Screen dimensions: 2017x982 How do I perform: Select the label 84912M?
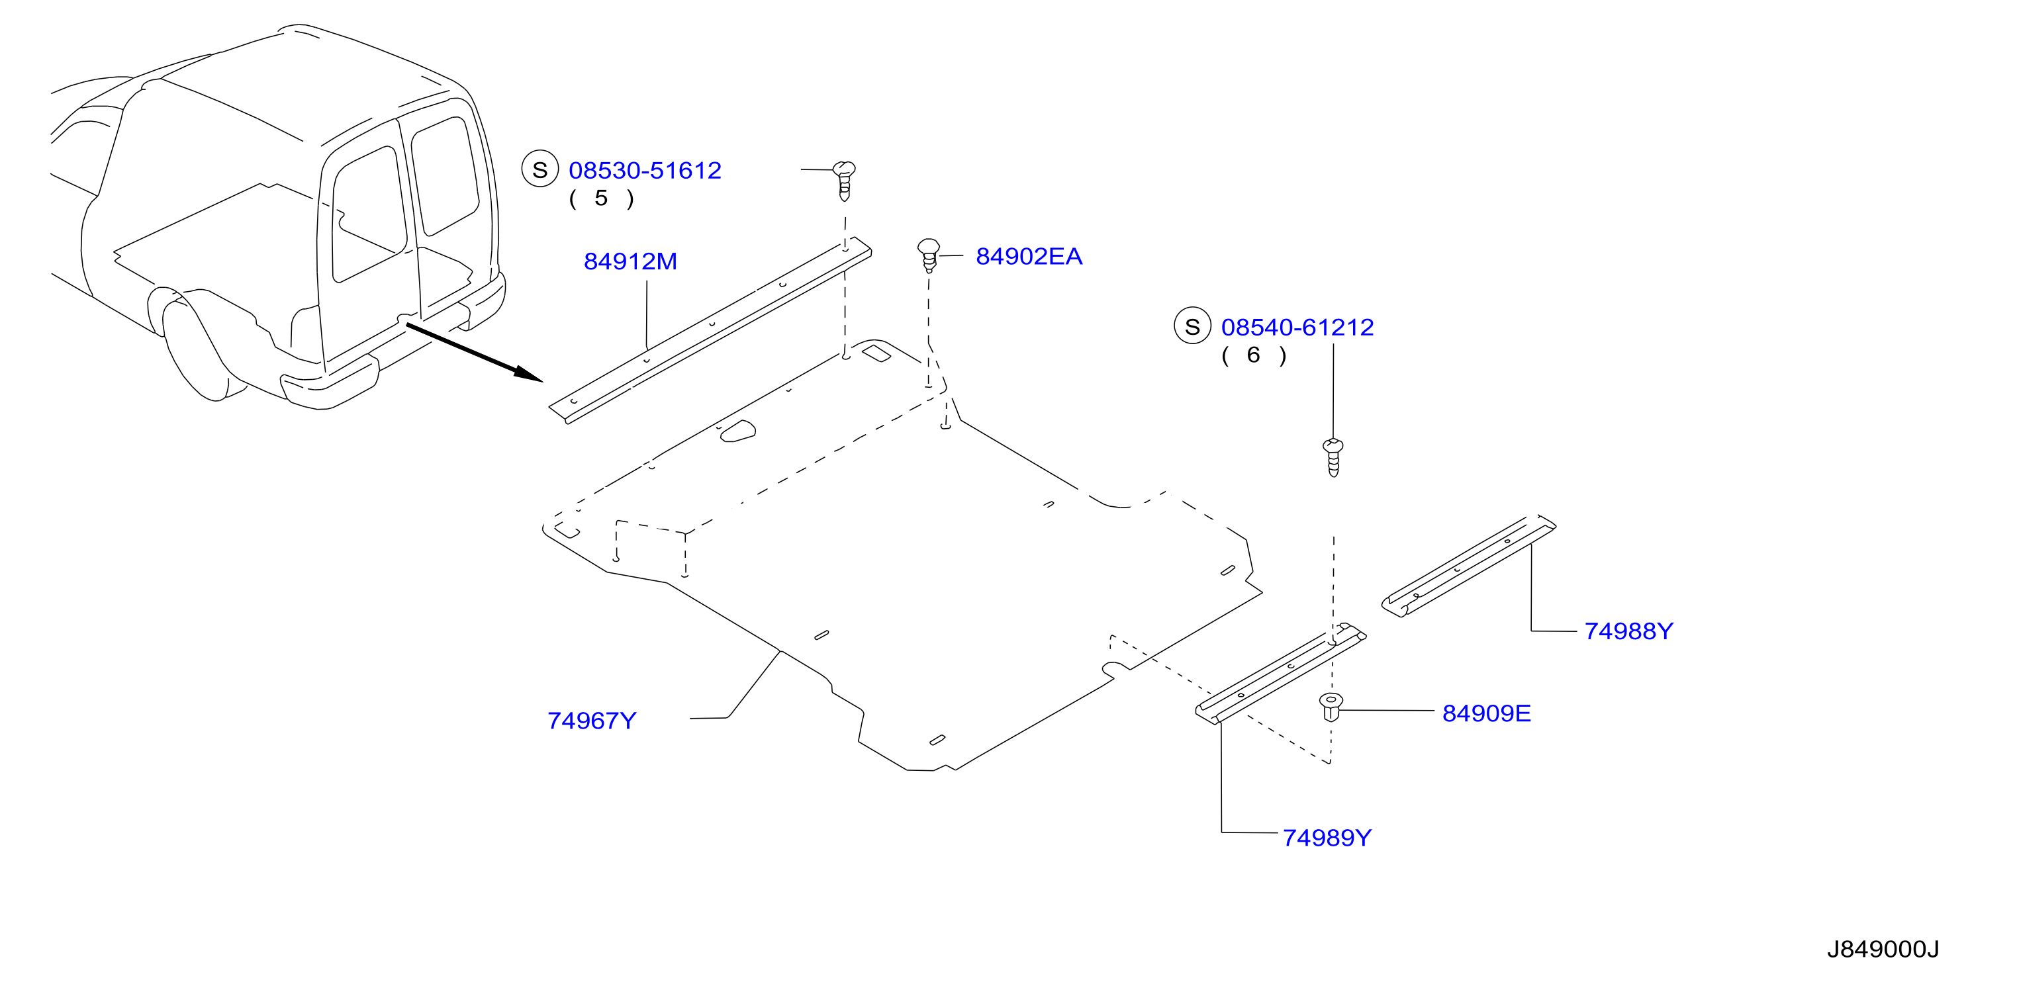pyautogui.click(x=630, y=261)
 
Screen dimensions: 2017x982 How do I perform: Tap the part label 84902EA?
pyautogui.click(x=1029, y=257)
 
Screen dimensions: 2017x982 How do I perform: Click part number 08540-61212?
pyautogui.click(x=1297, y=327)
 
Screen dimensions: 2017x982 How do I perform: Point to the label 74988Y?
pyautogui.click(x=1628, y=631)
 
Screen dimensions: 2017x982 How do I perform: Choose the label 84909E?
pyautogui.click(x=1486, y=713)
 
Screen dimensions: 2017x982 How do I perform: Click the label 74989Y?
pyautogui.click(x=1327, y=838)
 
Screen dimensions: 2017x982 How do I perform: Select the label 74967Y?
pyautogui.click(x=592, y=721)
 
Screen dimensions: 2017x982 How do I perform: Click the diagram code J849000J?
pyautogui.click(x=1883, y=949)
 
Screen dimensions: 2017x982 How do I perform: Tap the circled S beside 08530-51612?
pyautogui.click(x=540, y=170)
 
